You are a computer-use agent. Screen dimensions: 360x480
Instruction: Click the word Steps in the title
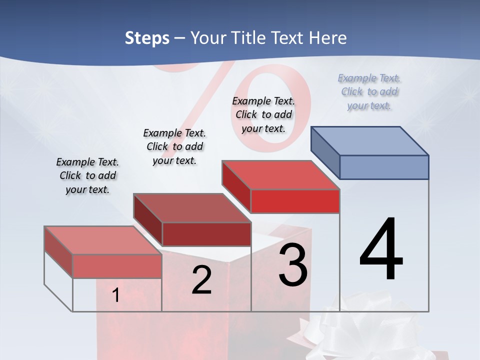pos(147,38)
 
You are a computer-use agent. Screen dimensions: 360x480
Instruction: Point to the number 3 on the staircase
pos(293,265)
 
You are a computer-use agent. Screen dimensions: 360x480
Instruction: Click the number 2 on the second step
pos(201,280)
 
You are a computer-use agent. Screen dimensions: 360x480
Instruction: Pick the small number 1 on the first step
pos(115,295)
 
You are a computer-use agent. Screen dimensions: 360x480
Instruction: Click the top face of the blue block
pos(370,141)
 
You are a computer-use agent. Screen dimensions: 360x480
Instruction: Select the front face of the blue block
pos(384,167)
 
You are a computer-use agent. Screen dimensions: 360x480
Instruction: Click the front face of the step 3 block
pos(295,201)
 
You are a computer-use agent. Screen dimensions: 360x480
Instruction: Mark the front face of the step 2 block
pos(206,234)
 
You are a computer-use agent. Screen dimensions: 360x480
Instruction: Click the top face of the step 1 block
pos(103,240)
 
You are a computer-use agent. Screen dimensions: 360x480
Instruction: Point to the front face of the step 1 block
pos(117,266)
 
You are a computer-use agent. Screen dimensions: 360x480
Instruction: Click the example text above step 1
pos(87,175)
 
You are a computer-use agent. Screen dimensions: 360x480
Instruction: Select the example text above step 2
pos(174,146)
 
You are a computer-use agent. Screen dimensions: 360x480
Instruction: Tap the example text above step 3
pos(263,114)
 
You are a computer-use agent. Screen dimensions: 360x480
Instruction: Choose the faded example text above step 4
pos(369,91)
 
